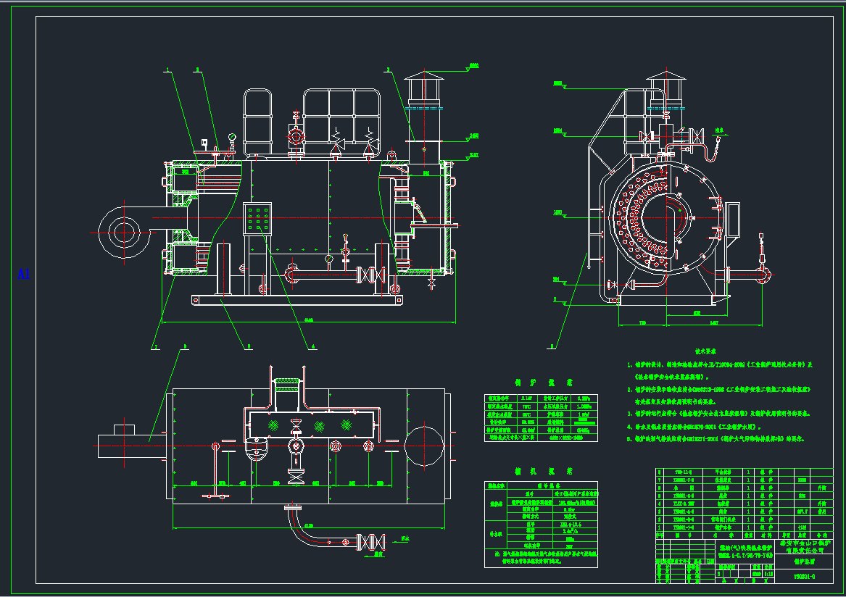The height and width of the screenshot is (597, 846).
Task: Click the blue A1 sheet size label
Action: [x=24, y=274]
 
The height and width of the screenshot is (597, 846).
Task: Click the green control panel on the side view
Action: [x=259, y=218]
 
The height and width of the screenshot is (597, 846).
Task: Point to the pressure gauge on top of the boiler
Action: [x=231, y=137]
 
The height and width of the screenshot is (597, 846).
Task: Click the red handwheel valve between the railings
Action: [x=295, y=135]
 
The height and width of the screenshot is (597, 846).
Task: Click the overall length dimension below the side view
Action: [x=308, y=320]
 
